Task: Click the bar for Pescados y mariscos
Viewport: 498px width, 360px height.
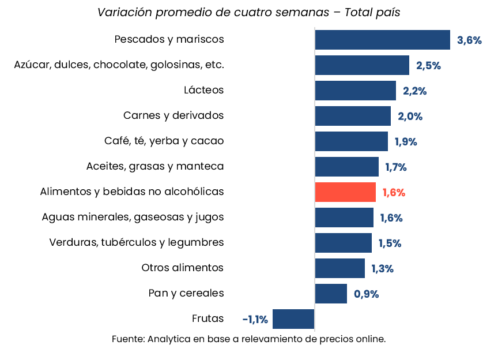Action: (382, 40)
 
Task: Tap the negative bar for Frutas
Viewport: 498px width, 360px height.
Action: (293, 319)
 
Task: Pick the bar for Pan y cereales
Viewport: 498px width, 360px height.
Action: (331, 294)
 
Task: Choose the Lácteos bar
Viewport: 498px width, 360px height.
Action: (355, 91)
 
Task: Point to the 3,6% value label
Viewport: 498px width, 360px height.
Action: (469, 40)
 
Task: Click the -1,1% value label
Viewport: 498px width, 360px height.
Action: (255, 320)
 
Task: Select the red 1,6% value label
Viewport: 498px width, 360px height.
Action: (394, 193)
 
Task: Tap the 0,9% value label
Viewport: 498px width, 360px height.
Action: (366, 294)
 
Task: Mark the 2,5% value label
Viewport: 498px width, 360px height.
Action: (428, 66)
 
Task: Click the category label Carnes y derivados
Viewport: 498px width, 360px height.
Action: (173, 115)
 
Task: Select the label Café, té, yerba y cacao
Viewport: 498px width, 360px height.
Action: (164, 141)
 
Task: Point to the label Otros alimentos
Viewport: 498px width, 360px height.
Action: (183, 268)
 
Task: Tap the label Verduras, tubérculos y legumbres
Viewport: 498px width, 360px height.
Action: (137, 242)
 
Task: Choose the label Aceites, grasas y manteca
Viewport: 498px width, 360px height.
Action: (155, 166)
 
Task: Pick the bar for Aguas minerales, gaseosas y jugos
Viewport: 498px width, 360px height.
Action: (344, 217)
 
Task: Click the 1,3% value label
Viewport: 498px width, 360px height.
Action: (382, 269)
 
